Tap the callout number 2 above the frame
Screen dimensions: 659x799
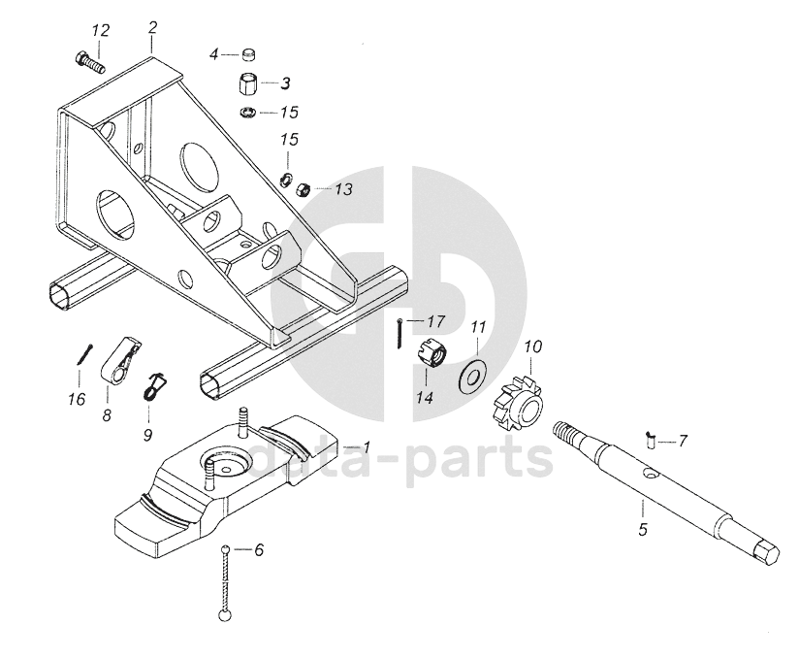pos(152,27)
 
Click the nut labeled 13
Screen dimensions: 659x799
pos(302,187)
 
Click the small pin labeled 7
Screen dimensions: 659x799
pos(650,439)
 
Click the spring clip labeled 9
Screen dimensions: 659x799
pos(155,385)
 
